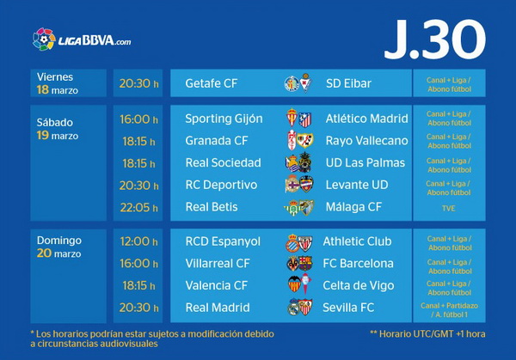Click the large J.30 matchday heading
click(x=434, y=40)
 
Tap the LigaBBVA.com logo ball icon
click(x=44, y=40)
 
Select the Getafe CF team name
click(x=211, y=83)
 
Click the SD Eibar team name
click(x=348, y=83)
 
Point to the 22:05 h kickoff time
click(x=138, y=207)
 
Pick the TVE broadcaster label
click(x=449, y=208)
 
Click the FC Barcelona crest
click(x=305, y=264)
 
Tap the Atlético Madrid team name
click(x=366, y=119)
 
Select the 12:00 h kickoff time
click(x=138, y=241)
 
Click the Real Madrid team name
click(x=218, y=308)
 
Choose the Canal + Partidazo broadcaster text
click(x=449, y=310)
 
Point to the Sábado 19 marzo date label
click(x=58, y=129)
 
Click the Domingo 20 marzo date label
click(x=58, y=247)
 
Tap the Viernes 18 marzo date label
click(x=58, y=83)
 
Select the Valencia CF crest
click(x=294, y=284)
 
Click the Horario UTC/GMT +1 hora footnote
click(x=427, y=334)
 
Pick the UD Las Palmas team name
click(x=365, y=162)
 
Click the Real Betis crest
click(x=292, y=208)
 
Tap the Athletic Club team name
click(x=357, y=241)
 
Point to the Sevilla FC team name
click(x=348, y=308)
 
